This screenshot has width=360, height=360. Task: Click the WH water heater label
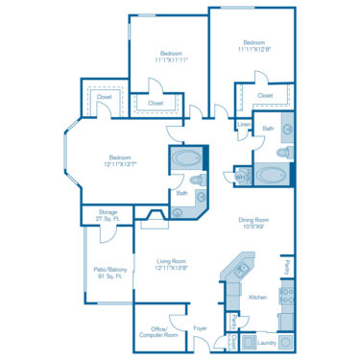[x=240, y=177]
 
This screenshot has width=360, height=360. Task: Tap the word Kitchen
[x=258, y=299]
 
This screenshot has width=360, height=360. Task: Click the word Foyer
[x=201, y=329]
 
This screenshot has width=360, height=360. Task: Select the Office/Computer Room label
[x=157, y=332]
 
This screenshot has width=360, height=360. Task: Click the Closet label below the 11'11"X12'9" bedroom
[x=266, y=96]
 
